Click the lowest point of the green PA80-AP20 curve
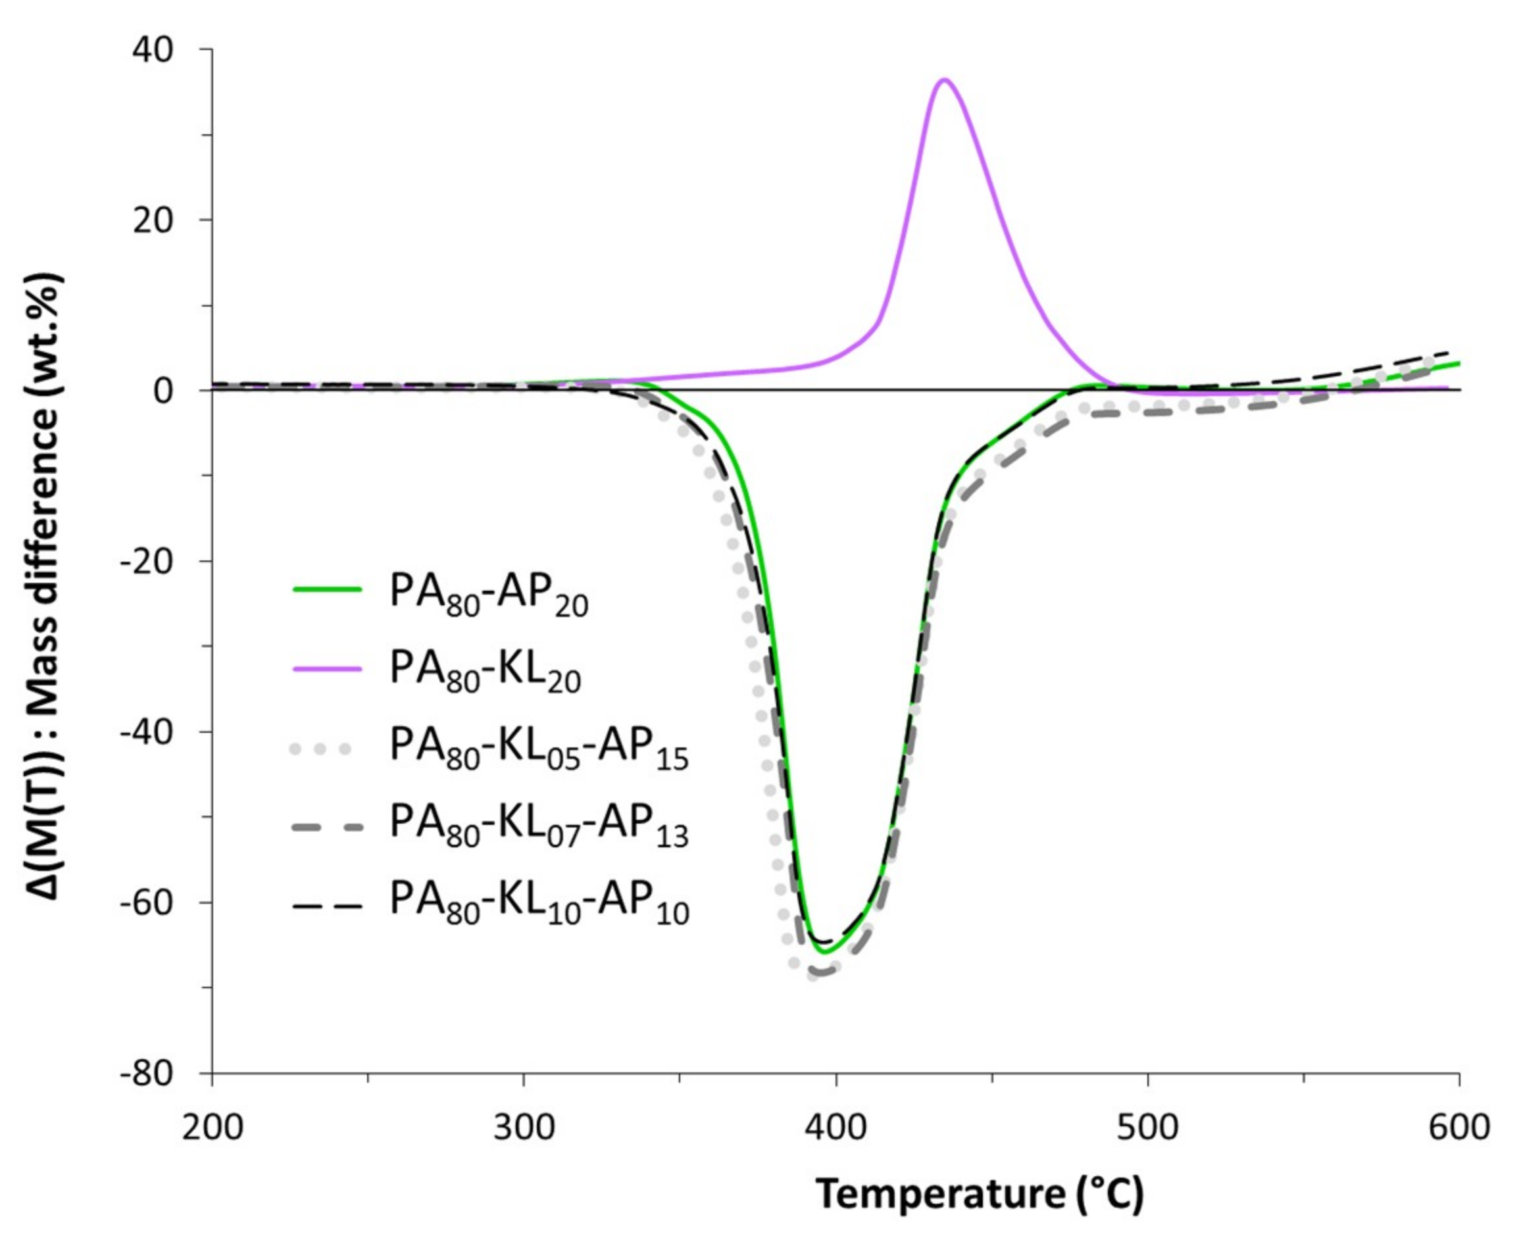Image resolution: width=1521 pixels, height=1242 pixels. point(824,953)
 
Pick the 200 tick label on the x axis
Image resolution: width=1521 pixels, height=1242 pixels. point(212,1128)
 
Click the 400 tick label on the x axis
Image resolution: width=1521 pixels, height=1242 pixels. point(835,1128)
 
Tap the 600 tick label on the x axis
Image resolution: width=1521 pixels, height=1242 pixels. point(1459,1128)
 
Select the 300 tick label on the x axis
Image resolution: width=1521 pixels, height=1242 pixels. point(524,1128)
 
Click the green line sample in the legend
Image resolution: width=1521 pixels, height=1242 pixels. point(327,589)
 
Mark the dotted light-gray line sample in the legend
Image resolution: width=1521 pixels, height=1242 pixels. point(320,749)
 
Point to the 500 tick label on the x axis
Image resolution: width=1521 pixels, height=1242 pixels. point(1147,1128)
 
